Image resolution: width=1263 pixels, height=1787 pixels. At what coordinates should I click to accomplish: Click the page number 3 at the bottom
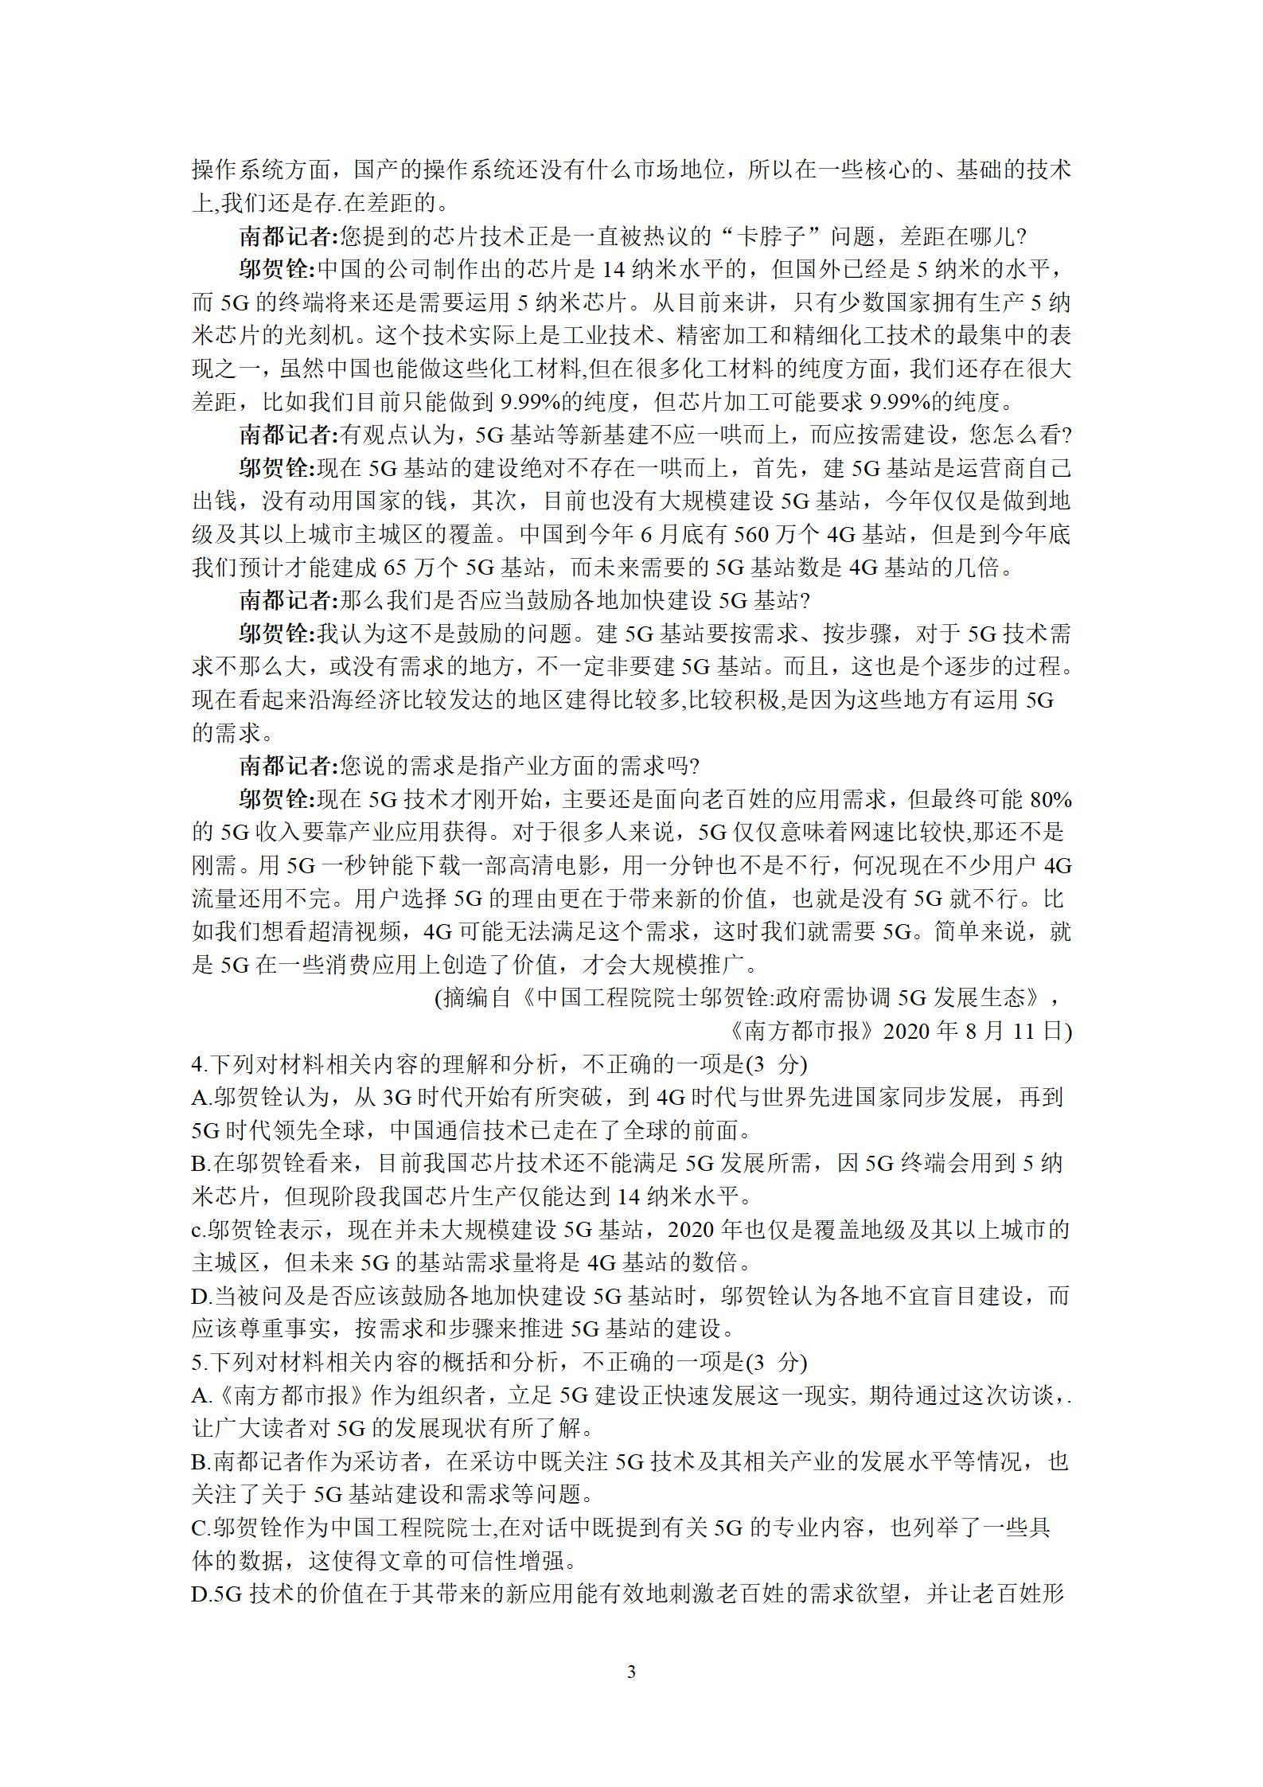click(631, 1671)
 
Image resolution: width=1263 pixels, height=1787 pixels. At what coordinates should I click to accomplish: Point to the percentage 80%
click(1050, 800)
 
